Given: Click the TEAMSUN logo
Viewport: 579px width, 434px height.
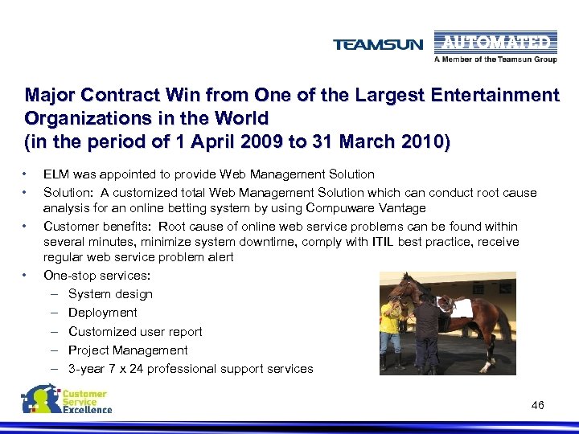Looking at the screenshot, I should [x=378, y=45].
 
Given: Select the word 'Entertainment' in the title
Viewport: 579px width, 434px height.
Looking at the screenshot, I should [x=501, y=96].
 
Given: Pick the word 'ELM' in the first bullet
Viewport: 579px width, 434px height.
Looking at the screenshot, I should [x=56, y=174].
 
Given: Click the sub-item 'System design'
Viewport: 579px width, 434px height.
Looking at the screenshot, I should [x=110, y=294].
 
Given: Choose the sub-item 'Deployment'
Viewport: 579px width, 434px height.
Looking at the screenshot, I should [x=103, y=313].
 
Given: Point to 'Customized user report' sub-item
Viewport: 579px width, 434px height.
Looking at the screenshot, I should [x=135, y=331].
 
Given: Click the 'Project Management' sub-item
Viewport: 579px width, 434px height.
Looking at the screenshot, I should [x=128, y=350].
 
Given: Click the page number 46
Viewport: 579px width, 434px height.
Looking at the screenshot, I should [x=537, y=405].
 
